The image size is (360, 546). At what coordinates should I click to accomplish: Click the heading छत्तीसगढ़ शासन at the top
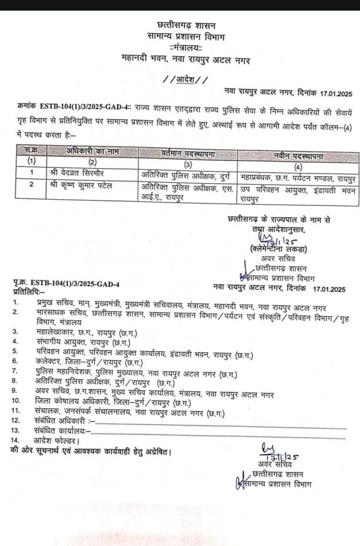pos(180,24)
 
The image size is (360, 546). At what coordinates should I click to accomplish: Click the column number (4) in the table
pos(298,166)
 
